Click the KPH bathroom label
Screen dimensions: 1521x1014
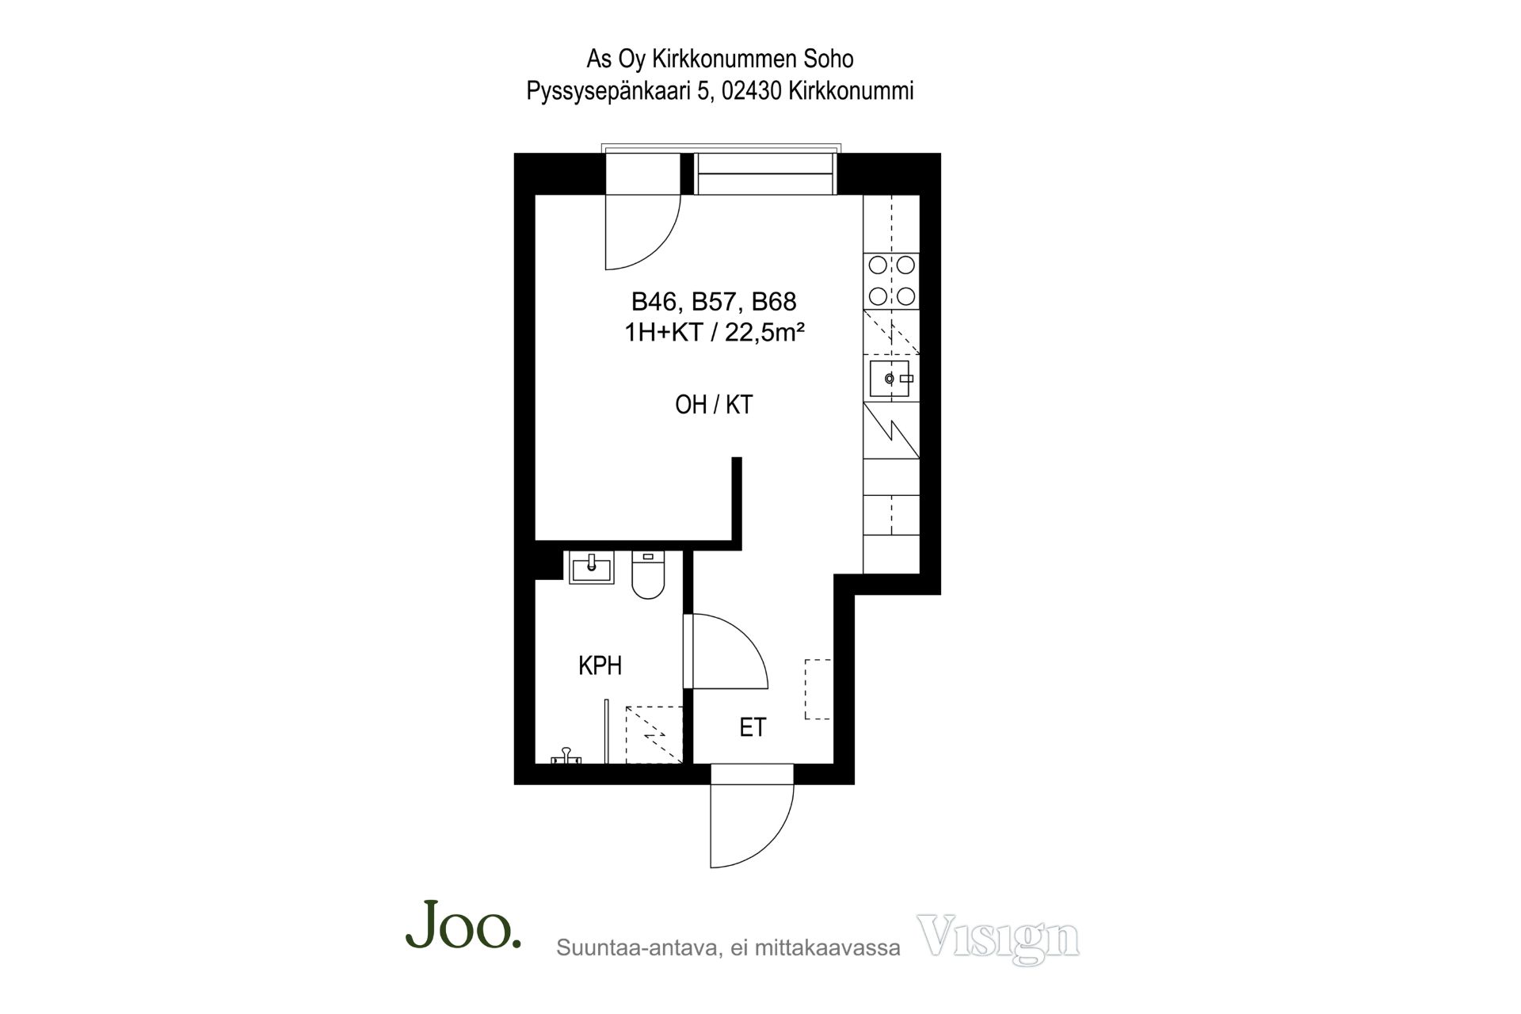point(600,665)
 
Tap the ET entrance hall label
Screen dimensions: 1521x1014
point(753,727)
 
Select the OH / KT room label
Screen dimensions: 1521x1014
point(713,405)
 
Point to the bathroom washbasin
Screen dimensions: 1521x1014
point(592,567)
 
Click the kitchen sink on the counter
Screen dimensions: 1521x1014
point(891,379)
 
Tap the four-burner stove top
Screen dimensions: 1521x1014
point(891,280)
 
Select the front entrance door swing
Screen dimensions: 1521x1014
point(752,816)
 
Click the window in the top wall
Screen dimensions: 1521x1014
point(765,173)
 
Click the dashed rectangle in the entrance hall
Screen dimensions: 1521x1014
point(818,689)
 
